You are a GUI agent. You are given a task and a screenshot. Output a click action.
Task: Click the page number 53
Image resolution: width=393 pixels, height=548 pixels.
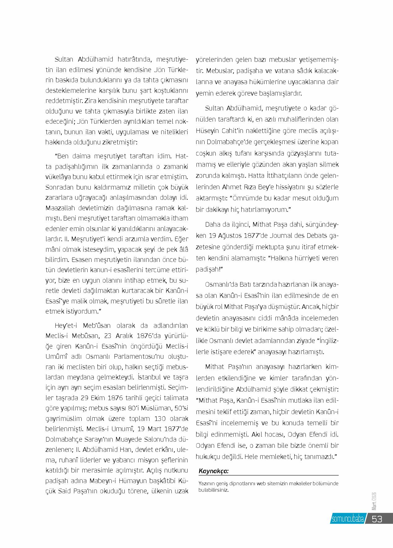377,519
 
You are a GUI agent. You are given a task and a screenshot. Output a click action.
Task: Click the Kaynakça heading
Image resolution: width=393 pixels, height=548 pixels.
214,471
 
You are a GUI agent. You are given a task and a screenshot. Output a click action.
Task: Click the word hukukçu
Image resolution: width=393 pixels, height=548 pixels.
208,456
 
